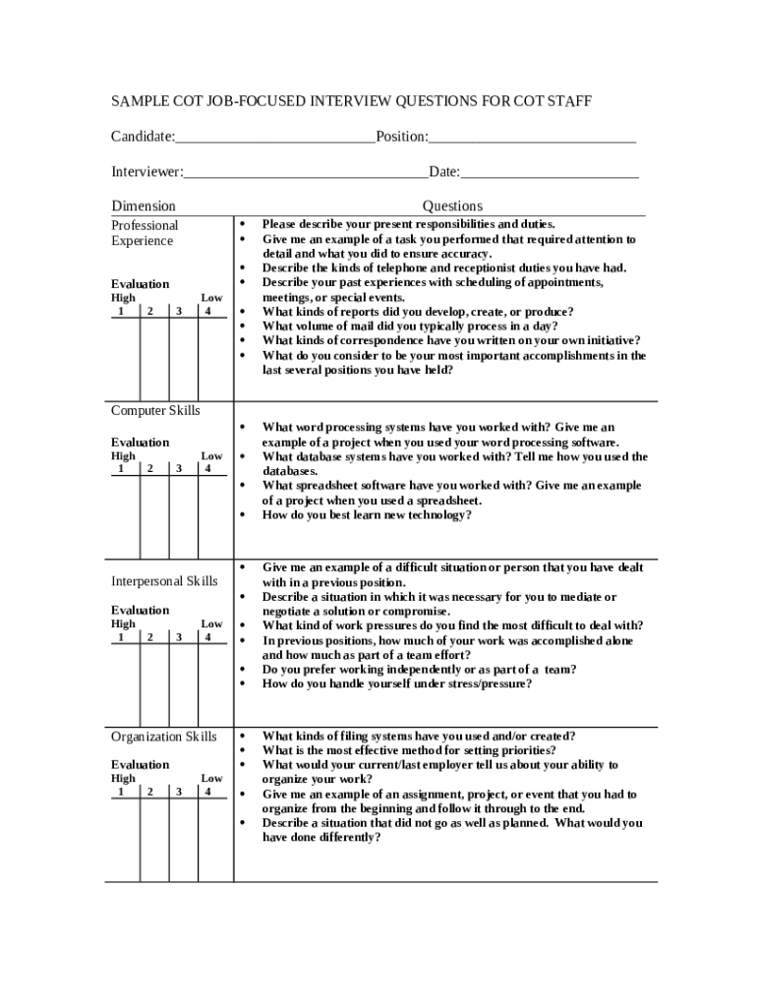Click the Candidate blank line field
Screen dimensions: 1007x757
275,138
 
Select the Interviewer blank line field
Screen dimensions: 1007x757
306,174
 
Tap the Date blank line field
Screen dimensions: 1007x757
550,174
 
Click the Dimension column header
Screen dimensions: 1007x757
144,207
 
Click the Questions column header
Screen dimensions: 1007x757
452,207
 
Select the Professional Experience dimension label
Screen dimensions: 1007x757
145,233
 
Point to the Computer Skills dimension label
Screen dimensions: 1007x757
154,410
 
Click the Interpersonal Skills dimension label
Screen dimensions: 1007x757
164,581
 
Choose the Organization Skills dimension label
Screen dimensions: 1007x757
164,737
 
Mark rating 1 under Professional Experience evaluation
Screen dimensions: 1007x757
122,312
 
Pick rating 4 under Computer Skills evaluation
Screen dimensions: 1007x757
207,469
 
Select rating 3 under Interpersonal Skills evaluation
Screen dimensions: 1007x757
179,637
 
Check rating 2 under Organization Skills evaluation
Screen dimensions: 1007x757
150,792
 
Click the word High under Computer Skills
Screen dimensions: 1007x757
124,456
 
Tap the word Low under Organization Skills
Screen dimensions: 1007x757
211,778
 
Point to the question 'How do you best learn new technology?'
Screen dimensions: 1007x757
367,514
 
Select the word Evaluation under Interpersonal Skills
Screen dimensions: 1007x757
140,611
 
